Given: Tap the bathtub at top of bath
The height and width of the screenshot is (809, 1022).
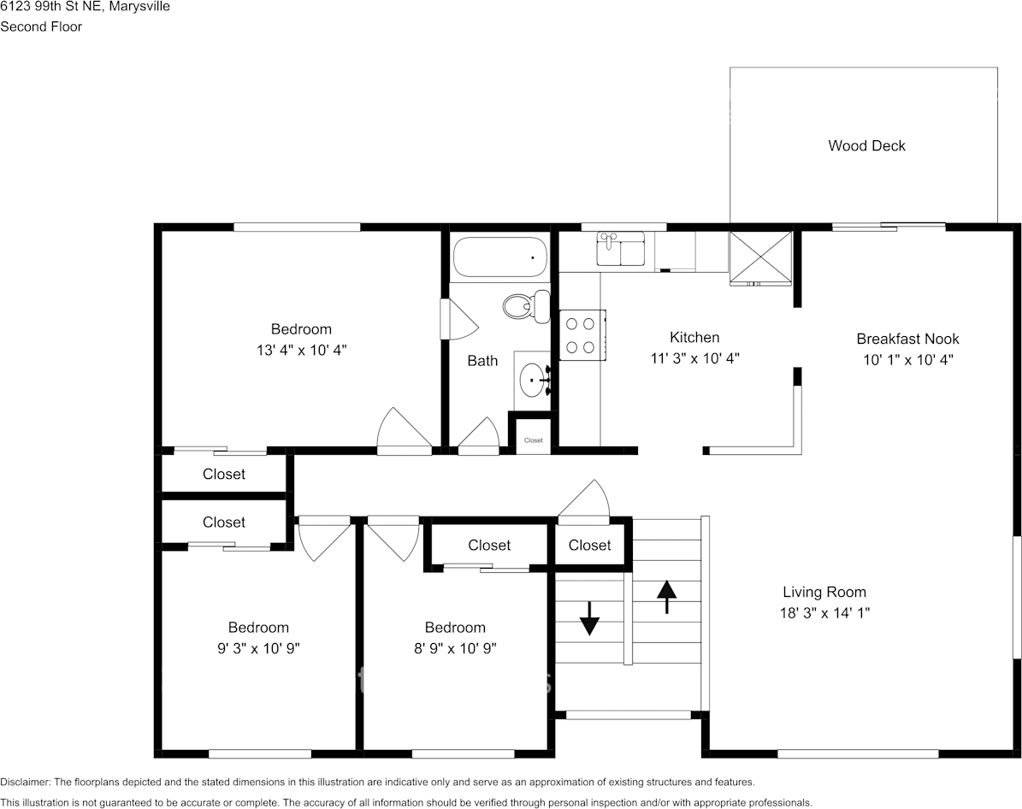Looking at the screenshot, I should [499, 257].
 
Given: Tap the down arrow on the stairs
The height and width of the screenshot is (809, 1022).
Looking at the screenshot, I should [589, 618].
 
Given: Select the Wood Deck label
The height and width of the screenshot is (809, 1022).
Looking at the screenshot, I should [866, 145].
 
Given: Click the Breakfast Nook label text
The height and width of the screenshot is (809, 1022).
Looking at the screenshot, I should [907, 339].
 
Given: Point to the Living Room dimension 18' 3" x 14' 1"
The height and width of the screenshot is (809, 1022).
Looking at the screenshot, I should [824, 613].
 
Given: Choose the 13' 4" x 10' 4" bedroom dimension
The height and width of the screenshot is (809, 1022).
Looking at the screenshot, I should [301, 350].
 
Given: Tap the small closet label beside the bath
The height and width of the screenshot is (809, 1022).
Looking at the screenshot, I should [534, 440].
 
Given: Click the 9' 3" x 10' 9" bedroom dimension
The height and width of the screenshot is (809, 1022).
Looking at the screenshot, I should [257, 648].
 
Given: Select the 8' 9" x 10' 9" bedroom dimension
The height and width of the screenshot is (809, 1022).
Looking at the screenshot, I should [455, 648].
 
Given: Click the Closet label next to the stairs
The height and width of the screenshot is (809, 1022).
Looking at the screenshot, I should [589, 545].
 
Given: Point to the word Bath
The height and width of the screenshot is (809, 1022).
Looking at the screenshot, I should [482, 360].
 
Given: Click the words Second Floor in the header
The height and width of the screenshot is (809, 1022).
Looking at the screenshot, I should [41, 27].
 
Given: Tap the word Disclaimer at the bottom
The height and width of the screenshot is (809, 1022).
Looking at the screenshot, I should [25, 782].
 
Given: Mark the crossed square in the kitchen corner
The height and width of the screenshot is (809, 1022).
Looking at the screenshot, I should [760, 257].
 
